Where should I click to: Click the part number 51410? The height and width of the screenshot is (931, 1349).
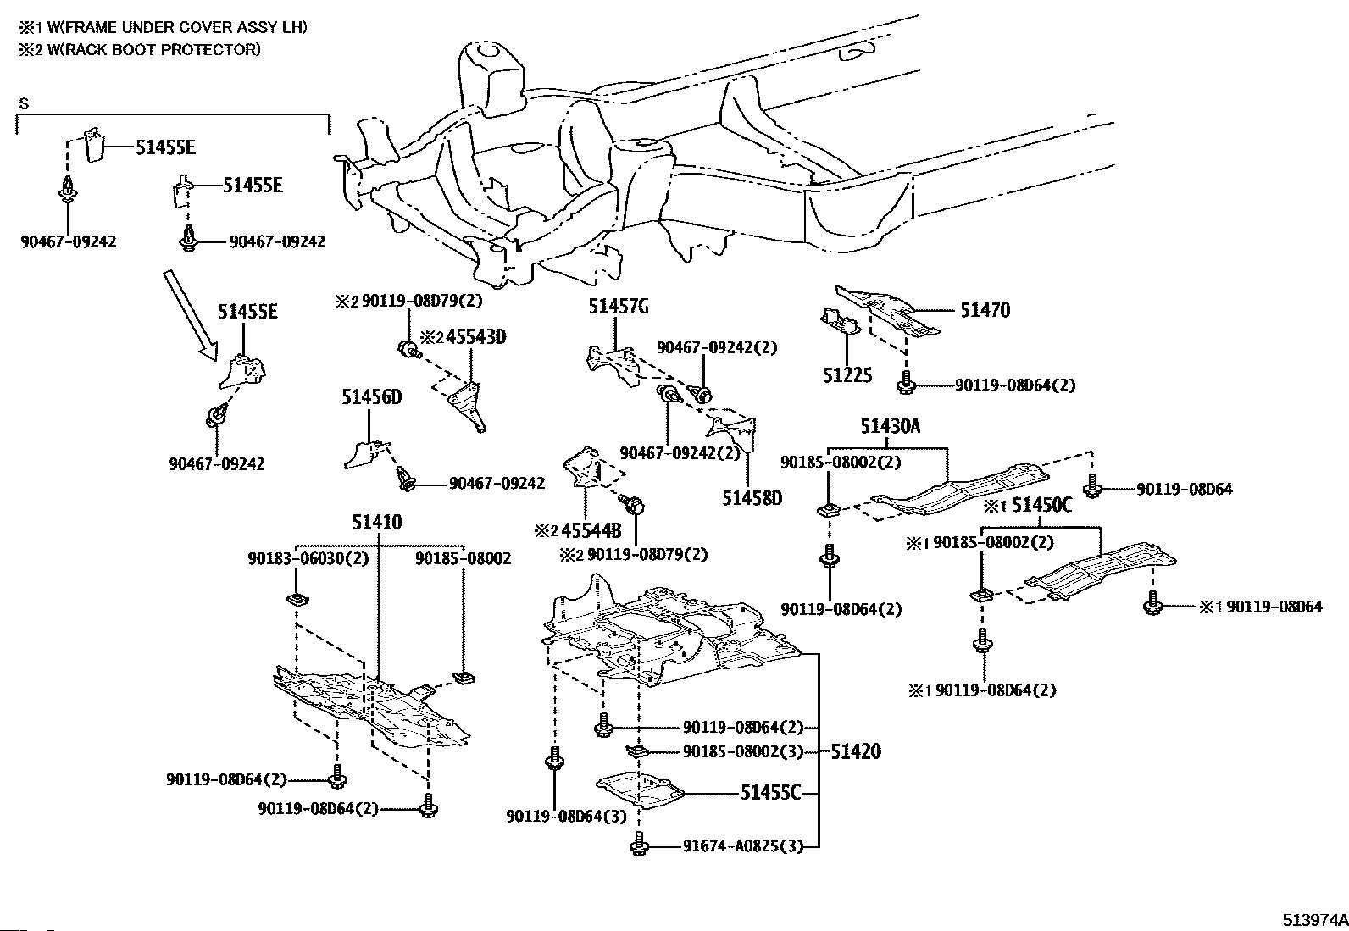coord(378,523)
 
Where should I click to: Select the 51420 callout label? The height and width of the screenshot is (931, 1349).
coord(855,751)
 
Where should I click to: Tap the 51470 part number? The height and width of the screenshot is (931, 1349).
coord(985,311)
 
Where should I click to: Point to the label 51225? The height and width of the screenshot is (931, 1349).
coord(847,374)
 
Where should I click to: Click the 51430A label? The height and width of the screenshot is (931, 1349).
coord(890,427)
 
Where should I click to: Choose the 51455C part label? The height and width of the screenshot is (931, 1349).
coord(770,793)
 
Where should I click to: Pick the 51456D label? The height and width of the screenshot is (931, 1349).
coord(371,396)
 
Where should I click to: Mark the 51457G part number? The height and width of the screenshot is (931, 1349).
coord(619,307)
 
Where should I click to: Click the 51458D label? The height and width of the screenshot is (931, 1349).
coord(752,498)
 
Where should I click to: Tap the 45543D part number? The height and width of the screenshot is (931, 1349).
coord(475,337)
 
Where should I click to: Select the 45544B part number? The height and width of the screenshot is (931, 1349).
coord(591,531)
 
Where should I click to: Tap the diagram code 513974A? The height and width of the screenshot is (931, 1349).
coord(1313,919)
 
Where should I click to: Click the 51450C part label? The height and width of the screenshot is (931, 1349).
coord(1042,506)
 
